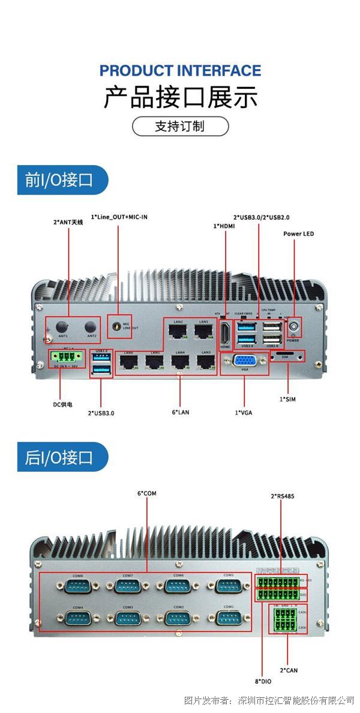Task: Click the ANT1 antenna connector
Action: click(62, 326)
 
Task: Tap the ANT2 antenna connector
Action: click(91, 326)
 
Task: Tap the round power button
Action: click(294, 327)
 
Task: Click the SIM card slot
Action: click(286, 356)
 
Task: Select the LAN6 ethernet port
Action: click(128, 362)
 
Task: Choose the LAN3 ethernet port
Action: click(205, 362)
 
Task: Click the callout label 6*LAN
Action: click(180, 412)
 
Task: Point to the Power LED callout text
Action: click(298, 233)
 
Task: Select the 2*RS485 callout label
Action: click(282, 496)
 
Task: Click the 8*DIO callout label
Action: click(262, 681)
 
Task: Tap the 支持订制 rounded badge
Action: click(180, 127)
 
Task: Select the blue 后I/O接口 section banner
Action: click(62, 457)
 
